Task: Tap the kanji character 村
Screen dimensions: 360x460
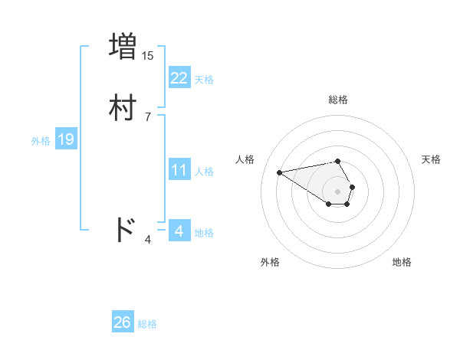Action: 123,106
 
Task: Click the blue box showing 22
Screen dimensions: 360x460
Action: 179,77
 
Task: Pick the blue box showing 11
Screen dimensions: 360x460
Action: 179,170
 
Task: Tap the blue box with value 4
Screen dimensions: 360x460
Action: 179,231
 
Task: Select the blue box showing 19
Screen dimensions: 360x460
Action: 65,139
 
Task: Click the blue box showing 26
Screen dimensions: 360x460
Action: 122,322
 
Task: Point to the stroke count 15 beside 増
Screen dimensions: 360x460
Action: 147,55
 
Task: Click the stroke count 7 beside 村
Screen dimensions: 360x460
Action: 147,116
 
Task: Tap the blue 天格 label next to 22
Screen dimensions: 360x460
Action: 204,79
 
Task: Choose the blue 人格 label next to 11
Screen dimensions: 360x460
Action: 204,172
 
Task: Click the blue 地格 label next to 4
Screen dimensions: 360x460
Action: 204,232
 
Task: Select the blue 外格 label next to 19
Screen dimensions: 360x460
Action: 41,141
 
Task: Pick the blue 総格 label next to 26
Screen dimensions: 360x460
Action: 147,324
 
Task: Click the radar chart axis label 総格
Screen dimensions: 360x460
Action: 337,100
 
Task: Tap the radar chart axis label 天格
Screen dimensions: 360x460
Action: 431,159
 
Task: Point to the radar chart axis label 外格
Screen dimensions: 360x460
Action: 269,262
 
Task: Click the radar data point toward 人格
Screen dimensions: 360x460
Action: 279,172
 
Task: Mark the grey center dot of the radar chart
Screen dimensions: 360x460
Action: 337,191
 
